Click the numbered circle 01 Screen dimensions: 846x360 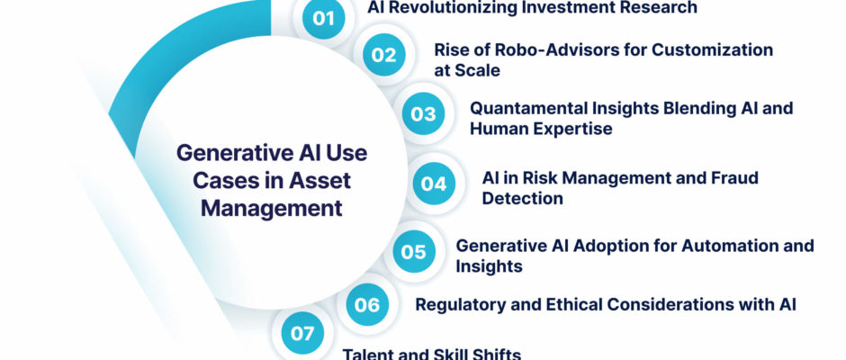click(x=323, y=18)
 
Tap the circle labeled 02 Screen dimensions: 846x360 click(x=383, y=55)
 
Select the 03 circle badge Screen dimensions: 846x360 click(x=424, y=113)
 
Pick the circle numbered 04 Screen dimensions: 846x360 click(x=434, y=184)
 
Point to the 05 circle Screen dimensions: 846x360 click(x=414, y=251)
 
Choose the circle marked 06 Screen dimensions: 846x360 click(x=367, y=305)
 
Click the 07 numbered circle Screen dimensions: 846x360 click(x=302, y=333)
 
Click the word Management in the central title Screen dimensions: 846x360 click(x=272, y=209)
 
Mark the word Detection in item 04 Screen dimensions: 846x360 click(x=522, y=198)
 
